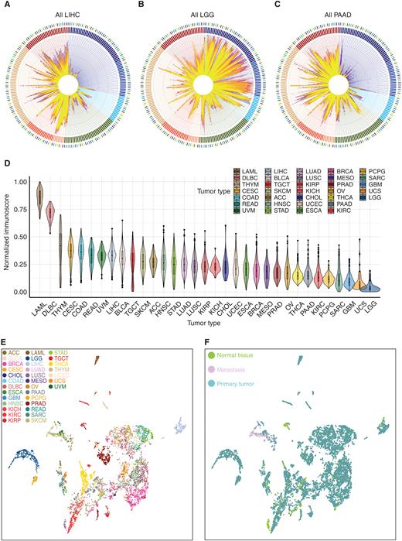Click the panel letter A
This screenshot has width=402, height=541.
[x=5, y=5]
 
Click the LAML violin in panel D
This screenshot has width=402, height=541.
[x=38, y=197]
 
